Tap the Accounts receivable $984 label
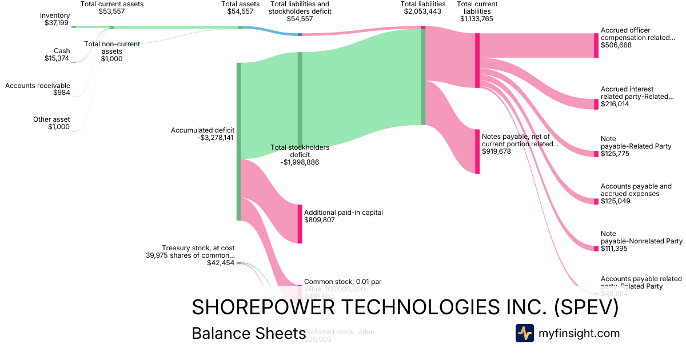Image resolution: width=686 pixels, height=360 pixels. click(x=38, y=89)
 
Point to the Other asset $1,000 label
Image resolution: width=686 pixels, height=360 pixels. click(x=51, y=123)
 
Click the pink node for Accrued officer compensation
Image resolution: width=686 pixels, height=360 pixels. click(x=596, y=46)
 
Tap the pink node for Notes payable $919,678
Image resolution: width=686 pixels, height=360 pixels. click(x=477, y=151)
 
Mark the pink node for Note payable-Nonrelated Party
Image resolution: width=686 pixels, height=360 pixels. click(x=596, y=248)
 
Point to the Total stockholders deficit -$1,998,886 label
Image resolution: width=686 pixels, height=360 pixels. click(x=300, y=155)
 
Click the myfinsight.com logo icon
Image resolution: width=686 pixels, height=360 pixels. click(x=524, y=333)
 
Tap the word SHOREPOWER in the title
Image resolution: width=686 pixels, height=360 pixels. click(x=263, y=307)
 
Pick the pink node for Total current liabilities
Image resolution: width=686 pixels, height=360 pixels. click(x=477, y=61)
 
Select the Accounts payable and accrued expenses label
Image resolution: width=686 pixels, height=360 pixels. click(x=636, y=194)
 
